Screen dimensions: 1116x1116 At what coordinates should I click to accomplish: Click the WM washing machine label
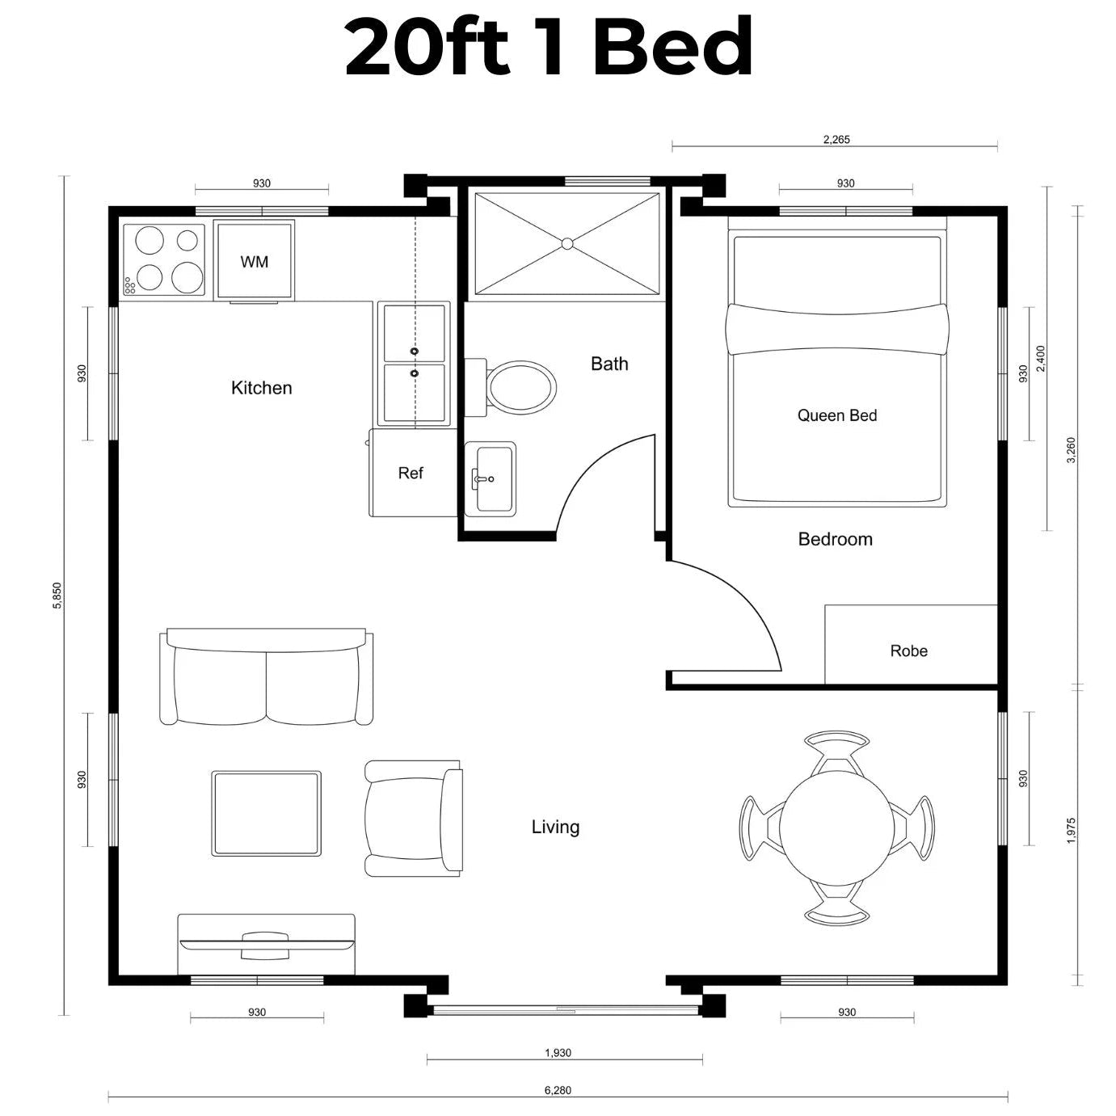(x=255, y=262)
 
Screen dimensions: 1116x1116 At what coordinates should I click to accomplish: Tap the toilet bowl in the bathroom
(x=521, y=387)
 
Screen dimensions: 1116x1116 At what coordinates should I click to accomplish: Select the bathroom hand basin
(x=490, y=478)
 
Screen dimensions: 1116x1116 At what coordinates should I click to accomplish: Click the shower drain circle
(x=567, y=244)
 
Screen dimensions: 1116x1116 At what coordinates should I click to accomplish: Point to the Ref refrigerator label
(x=411, y=474)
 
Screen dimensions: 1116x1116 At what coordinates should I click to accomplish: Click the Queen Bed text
(x=837, y=415)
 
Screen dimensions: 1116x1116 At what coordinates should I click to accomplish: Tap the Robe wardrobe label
(x=908, y=651)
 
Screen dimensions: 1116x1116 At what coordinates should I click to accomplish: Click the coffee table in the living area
(x=267, y=813)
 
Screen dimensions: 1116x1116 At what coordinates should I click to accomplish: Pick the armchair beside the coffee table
(x=413, y=819)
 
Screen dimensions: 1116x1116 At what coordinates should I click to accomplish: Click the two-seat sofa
(x=267, y=676)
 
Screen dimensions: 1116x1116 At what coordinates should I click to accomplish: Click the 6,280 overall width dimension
(x=558, y=1090)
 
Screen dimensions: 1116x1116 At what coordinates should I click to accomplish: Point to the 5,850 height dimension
(x=57, y=596)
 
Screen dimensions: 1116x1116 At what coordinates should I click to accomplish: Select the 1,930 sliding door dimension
(x=558, y=1053)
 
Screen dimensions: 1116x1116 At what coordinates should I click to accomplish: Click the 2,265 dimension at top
(x=836, y=140)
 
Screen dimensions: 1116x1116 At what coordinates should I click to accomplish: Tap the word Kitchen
(x=261, y=387)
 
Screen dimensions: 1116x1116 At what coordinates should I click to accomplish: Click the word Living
(x=555, y=827)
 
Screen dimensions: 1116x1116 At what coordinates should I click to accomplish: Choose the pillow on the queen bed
(x=837, y=329)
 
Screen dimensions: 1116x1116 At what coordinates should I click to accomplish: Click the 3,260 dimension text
(x=1071, y=450)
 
